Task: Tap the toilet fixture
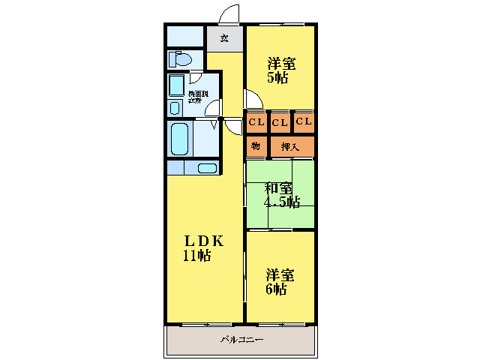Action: pos(181,58)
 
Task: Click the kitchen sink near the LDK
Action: pos(208,168)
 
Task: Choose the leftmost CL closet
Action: pos(256,122)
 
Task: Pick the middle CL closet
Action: pos(280,122)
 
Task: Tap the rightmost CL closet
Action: pos(304,122)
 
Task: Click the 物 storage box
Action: pos(256,146)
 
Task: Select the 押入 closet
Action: pos(291,146)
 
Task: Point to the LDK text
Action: pos(204,241)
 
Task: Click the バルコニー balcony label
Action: pos(241,340)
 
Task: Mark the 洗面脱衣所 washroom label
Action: pos(199,96)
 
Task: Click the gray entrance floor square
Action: pos(224,38)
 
